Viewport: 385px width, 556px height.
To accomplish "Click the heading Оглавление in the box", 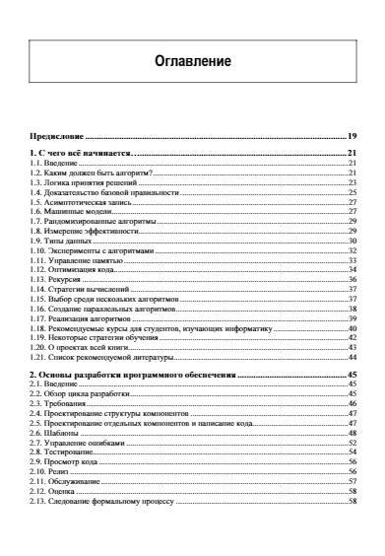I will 193,61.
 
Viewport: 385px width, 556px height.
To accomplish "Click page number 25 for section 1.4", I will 352,192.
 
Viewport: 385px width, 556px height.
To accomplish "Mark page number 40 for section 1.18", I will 352,327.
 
